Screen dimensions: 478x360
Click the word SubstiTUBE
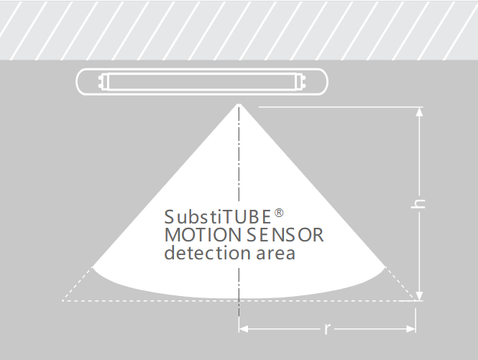coord(218,217)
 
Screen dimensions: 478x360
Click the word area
coord(275,254)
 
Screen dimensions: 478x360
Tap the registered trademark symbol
coord(279,213)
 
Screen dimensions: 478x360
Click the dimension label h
coord(418,204)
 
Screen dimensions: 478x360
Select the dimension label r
coord(327,329)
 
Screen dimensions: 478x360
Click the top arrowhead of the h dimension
coord(420,111)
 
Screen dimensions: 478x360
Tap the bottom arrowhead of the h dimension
coord(420,296)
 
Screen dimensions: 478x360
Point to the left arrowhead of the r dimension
coord(243,329)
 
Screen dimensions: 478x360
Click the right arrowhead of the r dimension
coord(411,329)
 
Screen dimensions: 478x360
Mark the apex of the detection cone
coord(239,104)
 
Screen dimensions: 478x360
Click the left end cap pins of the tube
coord(101,82)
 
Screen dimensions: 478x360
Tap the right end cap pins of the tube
coord(303,82)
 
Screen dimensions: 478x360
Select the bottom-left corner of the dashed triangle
coord(63,300)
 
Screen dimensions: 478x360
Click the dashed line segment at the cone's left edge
coord(77,284)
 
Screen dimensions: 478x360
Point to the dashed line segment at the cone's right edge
coord(400,284)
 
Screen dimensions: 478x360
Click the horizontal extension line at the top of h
coord(341,107)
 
